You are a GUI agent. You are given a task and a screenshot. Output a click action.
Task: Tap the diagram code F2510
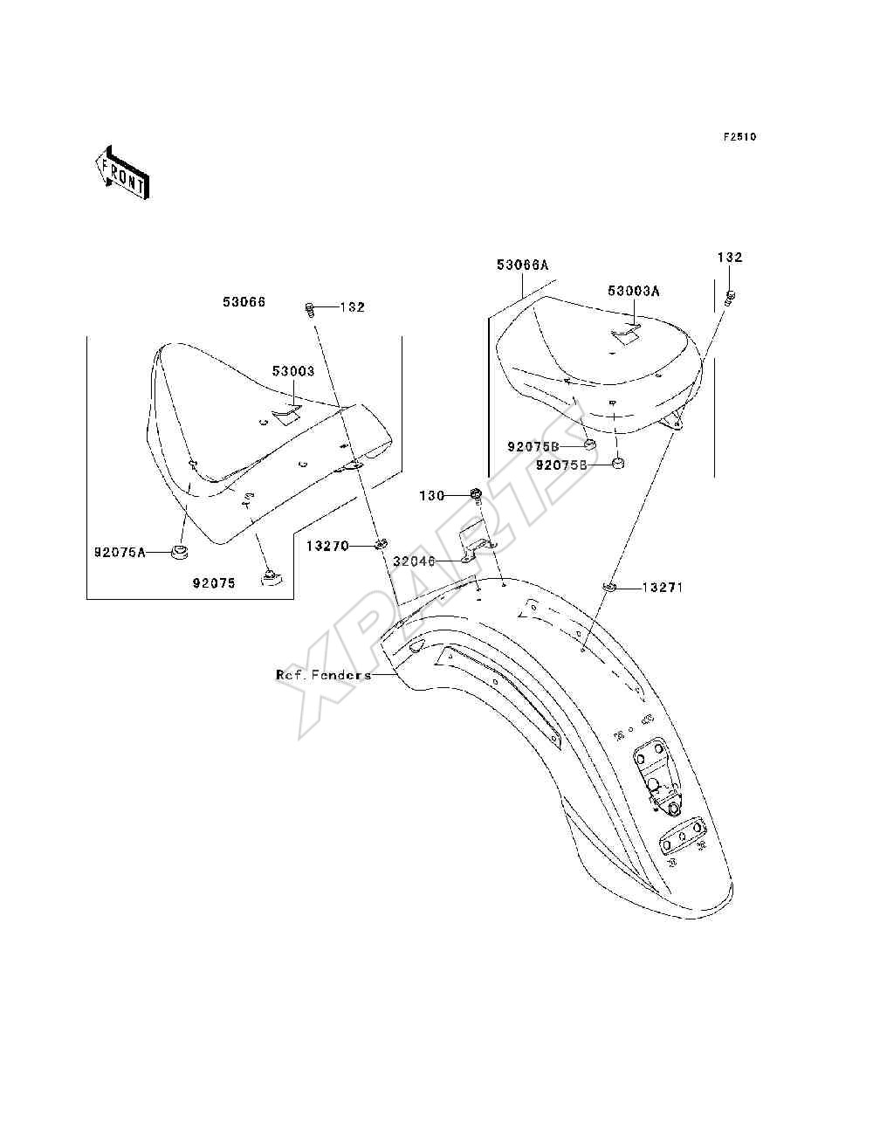739,137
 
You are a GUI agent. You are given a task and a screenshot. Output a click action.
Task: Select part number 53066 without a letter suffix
244,302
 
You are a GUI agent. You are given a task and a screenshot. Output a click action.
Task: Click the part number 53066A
522,265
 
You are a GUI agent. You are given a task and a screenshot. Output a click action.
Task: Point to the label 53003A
633,291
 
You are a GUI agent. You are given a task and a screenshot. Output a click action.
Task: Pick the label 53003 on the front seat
293,371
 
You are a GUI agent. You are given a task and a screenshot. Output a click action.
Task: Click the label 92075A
120,553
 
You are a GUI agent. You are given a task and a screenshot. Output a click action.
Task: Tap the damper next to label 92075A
180,552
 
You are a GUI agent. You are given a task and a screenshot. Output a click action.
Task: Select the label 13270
327,546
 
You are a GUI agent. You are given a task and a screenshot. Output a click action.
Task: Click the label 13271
662,588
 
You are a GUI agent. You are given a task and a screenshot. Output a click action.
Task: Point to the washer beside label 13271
610,588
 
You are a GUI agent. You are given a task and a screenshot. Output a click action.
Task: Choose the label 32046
414,561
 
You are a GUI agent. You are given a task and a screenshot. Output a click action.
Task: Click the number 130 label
432,496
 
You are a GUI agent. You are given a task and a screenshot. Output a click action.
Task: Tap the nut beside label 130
476,493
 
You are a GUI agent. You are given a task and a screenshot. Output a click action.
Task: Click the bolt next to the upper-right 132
731,298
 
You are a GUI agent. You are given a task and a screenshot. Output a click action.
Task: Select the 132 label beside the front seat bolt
353,307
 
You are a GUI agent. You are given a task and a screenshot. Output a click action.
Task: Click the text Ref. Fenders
323,675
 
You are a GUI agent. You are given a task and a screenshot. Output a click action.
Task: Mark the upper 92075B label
533,446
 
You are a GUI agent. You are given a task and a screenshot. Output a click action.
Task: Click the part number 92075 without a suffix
214,583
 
